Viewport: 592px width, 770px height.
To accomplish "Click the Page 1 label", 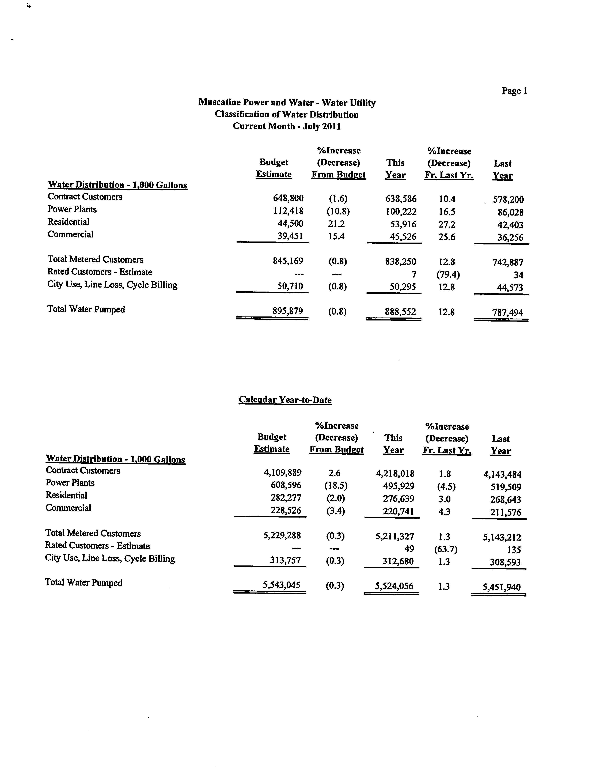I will (514, 91).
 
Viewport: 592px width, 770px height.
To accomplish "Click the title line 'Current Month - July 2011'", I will (287, 126).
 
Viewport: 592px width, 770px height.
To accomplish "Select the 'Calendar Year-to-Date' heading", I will (285, 400).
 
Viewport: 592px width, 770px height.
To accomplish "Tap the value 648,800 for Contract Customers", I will (288, 198).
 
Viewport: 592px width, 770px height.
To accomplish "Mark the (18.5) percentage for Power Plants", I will (336, 486).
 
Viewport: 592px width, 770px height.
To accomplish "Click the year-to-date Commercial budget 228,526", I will (286, 510).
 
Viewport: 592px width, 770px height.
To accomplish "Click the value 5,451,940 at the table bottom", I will (502, 587).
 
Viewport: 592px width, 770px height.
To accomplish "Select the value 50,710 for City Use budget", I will (290, 286).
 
